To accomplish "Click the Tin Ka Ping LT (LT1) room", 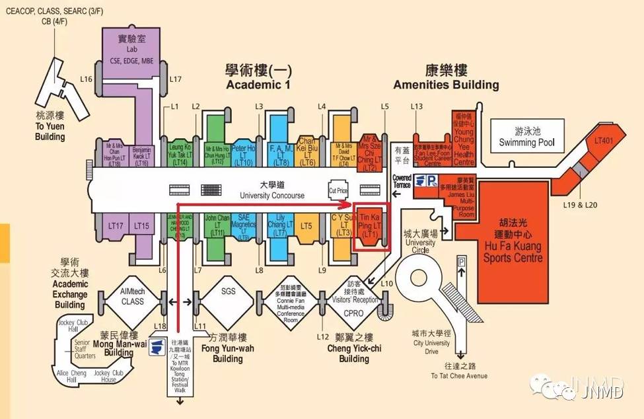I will [x=371, y=226].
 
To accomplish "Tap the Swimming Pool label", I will [x=526, y=137].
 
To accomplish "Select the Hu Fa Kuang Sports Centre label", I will [x=512, y=242].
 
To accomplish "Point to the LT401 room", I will [x=604, y=140].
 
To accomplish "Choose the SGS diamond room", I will [x=228, y=291].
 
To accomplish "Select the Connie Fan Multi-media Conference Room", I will [x=291, y=299].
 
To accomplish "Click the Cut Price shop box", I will [x=338, y=190].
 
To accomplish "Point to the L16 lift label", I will [x=86, y=79].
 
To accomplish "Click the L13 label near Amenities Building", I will [x=416, y=106].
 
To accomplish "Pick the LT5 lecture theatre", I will [x=306, y=227].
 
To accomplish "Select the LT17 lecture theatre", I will [x=116, y=226].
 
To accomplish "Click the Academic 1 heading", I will [x=258, y=77].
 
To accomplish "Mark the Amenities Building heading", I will [x=446, y=77].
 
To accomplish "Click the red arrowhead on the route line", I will [x=346, y=204].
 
